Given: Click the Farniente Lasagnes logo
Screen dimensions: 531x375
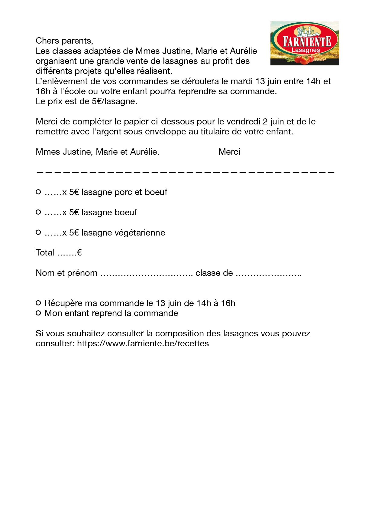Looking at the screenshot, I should pyautogui.click(x=304, y=43).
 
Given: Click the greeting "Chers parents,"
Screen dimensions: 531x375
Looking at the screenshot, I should pyautogui.click(x=64, y=41).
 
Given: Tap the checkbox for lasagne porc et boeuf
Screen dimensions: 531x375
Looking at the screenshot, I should pyautogui.click(x=38, y=192).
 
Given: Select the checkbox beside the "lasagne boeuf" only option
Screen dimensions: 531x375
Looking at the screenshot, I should pyautogui.click(x=38, y=212).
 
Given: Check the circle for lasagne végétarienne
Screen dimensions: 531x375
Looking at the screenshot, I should pyautogui.click(x=38, y=233).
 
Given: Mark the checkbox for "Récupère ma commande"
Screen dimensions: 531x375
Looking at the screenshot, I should pyautogui.click(x=38, y=303).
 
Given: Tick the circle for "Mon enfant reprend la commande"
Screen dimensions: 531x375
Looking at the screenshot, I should pyautogui.click(x=38, y=313).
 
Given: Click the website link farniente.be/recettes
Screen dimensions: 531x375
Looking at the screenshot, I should pyautogui.click(x=143, y=344).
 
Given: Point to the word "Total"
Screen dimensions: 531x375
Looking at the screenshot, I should pyautogui.click(x=45, y=253).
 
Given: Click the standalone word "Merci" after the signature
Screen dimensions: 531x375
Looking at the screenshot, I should pyautogui.click(x=229, y=152).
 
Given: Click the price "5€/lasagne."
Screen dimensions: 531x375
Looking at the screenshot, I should pyautogui.click(x=115, y=101).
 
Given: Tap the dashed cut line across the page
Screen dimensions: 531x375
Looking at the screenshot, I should pyautogui.click(x=185, y=172).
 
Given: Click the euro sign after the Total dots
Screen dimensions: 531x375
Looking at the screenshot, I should pyautogui.click(x=79, y=253).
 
